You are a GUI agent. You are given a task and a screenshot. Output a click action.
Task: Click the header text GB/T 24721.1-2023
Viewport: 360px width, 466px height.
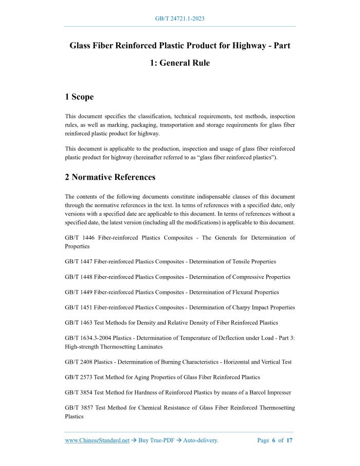coord(180,19)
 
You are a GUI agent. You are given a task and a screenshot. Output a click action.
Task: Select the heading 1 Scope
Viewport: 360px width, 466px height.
coord(79,97)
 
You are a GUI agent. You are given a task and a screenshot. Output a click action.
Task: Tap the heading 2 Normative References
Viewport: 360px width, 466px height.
coord(110,177)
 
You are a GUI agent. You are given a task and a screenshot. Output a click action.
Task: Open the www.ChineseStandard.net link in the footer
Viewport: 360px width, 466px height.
coord(97,440)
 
